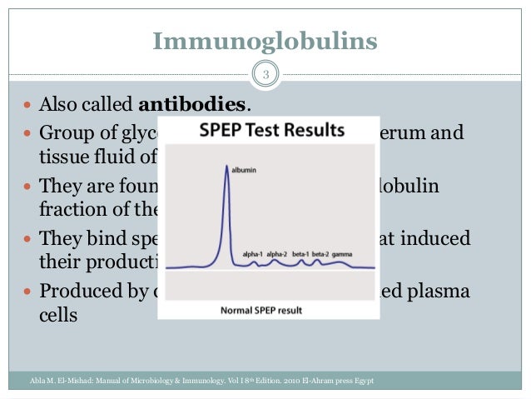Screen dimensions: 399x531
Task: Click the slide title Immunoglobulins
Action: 265,40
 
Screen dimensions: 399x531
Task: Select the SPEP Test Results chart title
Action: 270,131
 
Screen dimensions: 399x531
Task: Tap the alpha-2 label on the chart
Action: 279,252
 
